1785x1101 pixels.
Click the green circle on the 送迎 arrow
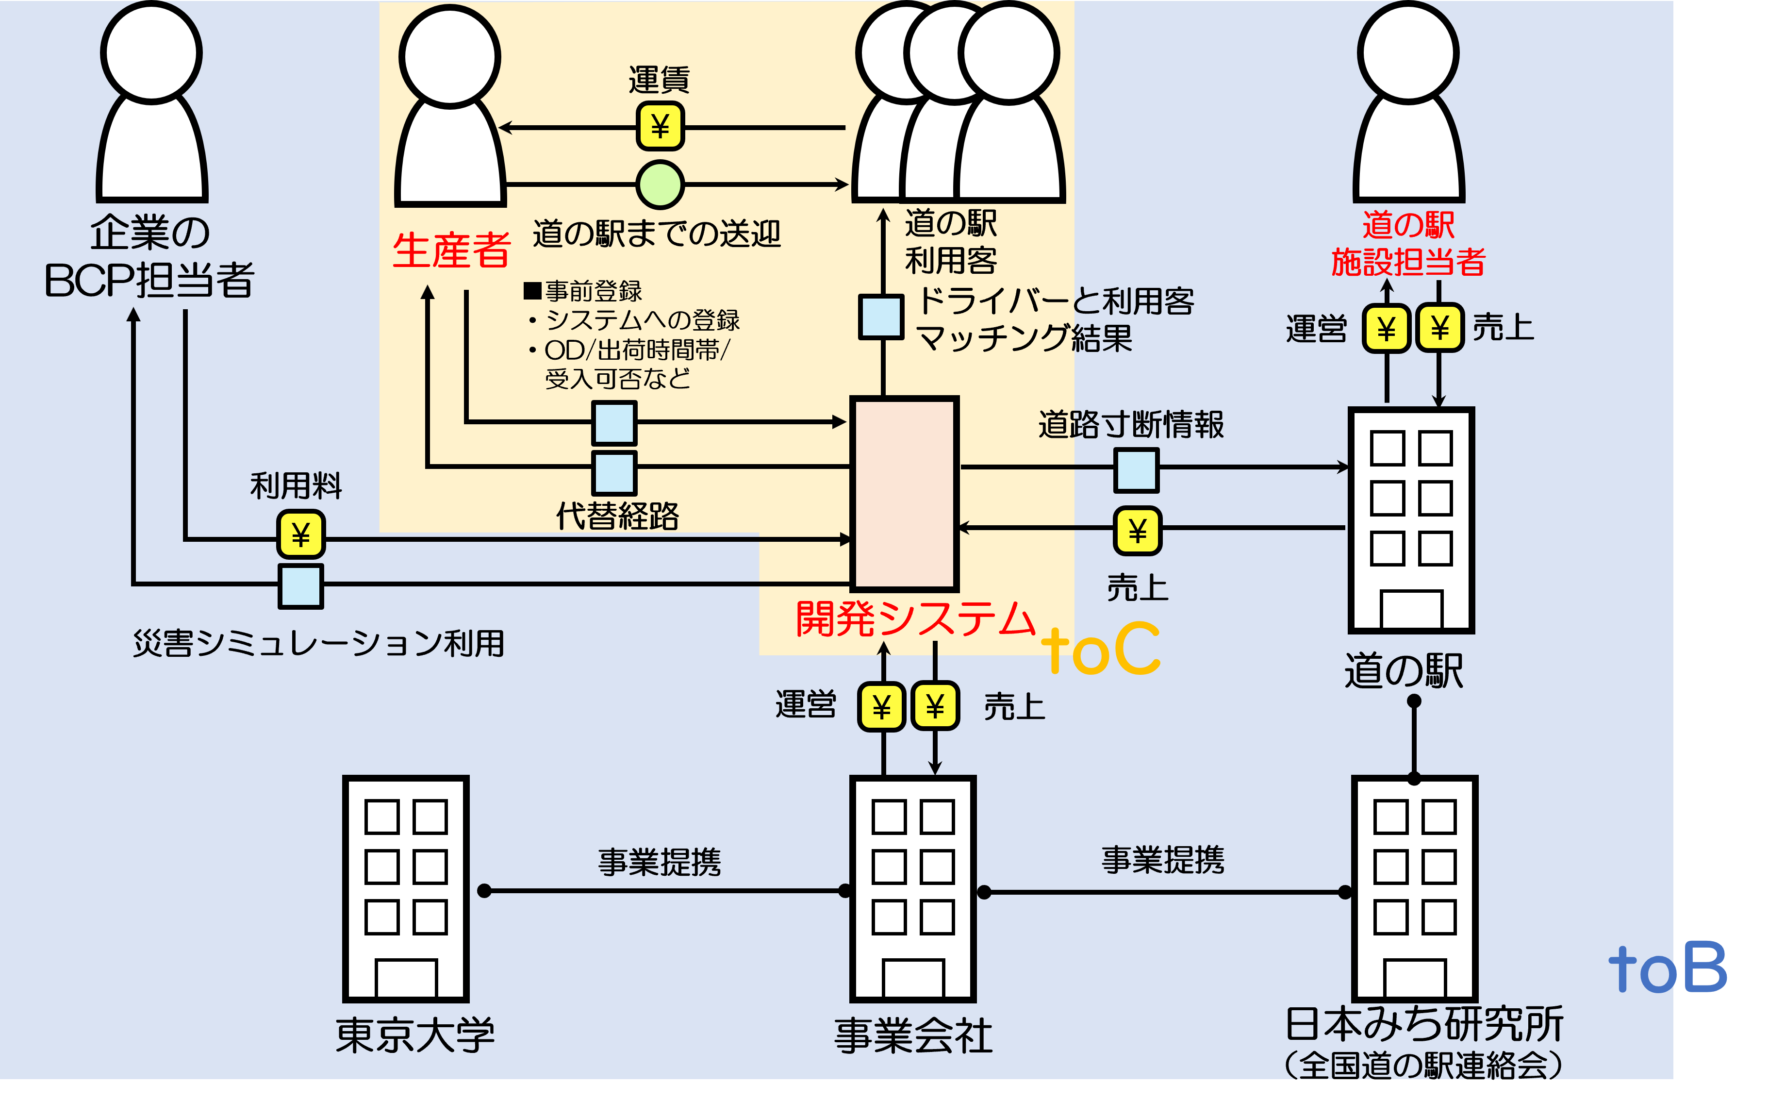click(660, 184)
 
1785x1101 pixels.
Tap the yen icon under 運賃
click(660, 127)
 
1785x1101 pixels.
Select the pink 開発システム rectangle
click(904, 494)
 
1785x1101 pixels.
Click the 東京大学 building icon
click(406, 889)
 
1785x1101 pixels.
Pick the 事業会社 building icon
click(913, 889)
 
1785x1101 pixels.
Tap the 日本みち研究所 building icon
click(1414, 889)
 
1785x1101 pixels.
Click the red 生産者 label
click(451, 250)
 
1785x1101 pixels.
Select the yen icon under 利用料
click(301, 534)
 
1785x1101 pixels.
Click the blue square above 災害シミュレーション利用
click(301, 585)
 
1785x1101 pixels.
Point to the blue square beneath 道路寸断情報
click(1137, 470)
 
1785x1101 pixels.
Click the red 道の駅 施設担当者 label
click(1408, 243)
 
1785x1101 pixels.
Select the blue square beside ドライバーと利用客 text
click(881, 317)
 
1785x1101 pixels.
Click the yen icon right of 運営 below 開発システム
click(881, 706)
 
